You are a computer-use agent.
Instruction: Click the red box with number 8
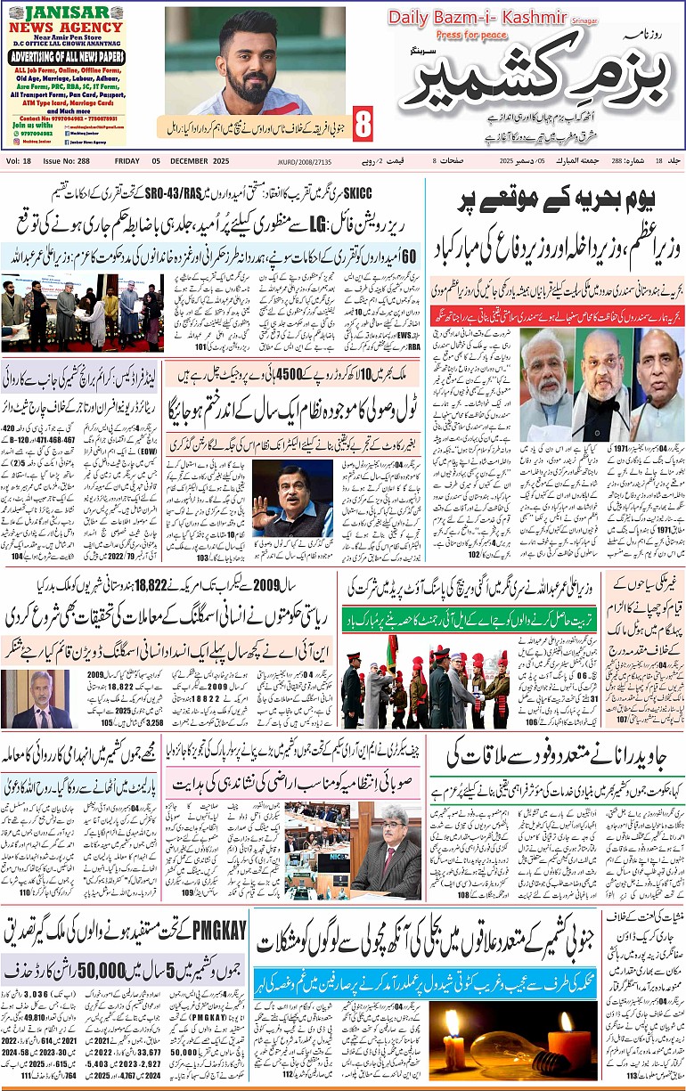click(363, 125)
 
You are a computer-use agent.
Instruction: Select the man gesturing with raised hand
click(274, 510)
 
